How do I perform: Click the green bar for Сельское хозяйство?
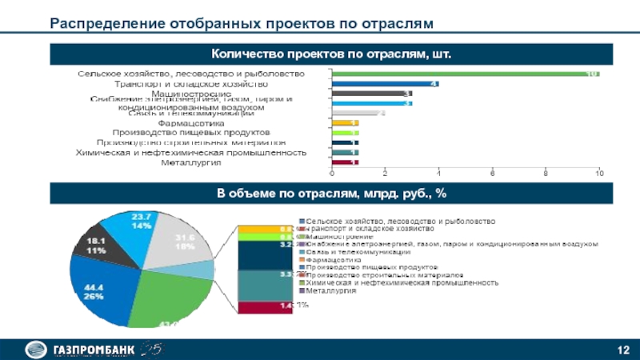(464, 74)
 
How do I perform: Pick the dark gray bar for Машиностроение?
(370, 94)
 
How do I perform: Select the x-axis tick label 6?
(491, 173)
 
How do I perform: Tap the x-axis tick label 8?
(545, 173)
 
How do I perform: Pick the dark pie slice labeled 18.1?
(96, 245)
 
